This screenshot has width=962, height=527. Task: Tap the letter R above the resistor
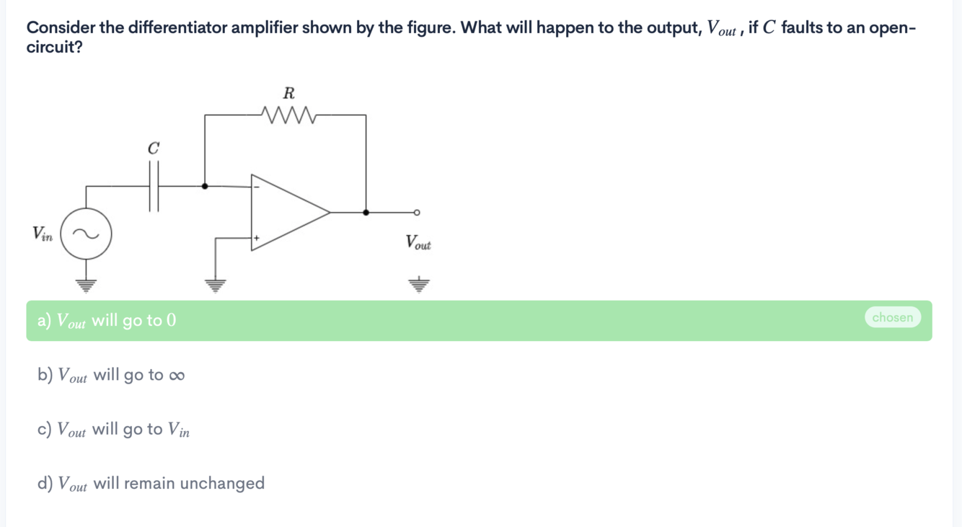289,93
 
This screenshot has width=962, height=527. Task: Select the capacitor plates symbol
154,186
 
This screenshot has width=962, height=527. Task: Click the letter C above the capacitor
153,149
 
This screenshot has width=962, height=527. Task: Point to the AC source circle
86,234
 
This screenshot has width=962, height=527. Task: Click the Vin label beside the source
42,234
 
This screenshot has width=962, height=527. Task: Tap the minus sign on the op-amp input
256,188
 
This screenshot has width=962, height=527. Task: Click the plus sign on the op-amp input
256,236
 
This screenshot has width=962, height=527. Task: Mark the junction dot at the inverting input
206,186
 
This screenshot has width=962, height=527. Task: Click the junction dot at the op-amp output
366,212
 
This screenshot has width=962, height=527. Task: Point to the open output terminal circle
417,212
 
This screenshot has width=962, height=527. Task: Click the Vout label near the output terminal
418,242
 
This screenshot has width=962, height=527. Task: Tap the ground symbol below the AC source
86,283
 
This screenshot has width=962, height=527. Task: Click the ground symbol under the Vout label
418,283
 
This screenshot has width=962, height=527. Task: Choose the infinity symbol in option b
177,376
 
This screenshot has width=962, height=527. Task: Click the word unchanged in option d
222,483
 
